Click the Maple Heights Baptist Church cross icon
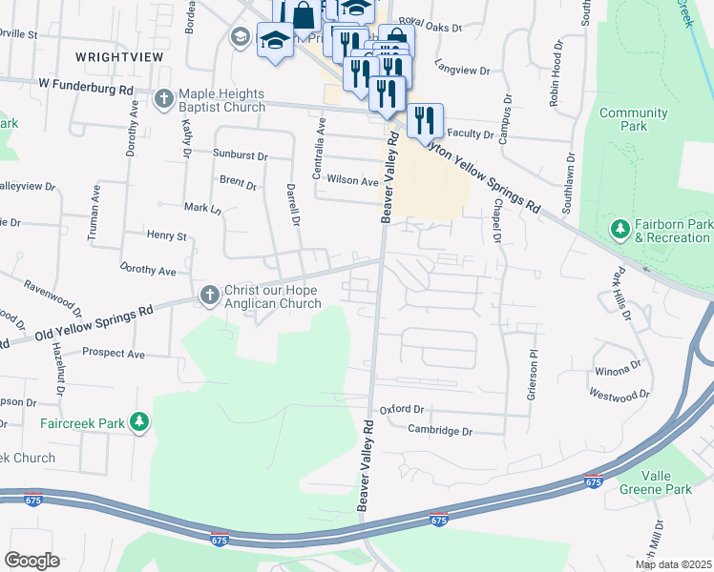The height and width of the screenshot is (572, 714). coord(164,99)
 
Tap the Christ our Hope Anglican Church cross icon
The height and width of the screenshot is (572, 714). coord(209,296)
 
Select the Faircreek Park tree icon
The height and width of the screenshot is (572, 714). coord(139,420)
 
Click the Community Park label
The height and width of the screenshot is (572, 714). coord(633,119)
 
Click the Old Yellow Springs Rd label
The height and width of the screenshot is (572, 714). coord(94,325)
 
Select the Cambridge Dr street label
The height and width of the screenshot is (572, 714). coord(440,431)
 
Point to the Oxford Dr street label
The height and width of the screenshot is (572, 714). coord(401,409)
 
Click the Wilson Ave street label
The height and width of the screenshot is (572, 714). coord(353,180)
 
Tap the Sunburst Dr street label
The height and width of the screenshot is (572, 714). coord(241,154)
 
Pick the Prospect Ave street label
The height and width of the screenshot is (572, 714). coord(113,354)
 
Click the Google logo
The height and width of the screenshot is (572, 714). coord(31,561)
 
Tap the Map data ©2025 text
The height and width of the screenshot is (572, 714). coord(673,564)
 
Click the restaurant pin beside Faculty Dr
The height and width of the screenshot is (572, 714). coord(426,120)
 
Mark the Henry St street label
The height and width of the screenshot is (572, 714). coord(166,235)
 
